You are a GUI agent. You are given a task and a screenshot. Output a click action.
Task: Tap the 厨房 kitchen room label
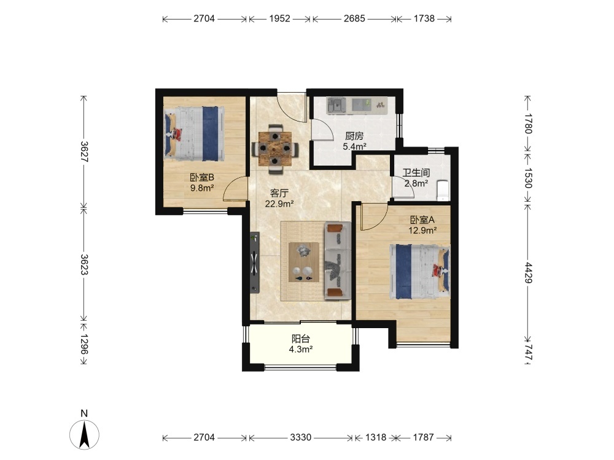click(354, 136)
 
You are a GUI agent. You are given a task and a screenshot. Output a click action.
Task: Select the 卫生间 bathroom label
click(416, 172)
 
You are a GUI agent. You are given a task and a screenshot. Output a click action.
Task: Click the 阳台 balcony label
click(300, 339)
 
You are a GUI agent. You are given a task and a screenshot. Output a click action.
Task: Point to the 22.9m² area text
click(279, 204)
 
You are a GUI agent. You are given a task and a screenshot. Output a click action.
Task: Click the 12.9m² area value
click(422, 231)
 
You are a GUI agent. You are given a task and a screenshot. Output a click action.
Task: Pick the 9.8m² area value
click(201, 188)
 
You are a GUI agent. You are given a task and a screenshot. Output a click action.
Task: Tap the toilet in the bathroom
click(443, 190)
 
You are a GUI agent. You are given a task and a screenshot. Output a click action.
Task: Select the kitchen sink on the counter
click(336, 105)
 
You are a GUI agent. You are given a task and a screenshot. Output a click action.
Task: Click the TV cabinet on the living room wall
click(255, 263)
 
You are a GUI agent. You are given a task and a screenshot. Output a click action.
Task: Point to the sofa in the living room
click(337, 261)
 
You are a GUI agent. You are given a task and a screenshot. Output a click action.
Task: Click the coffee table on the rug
click(303, 262)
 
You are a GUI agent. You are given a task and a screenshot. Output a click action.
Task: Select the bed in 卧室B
click(194, 133)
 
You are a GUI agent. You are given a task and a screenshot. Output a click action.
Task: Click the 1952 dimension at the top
click(279, 18)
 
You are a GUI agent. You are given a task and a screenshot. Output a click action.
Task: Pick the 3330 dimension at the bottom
click(301, 437)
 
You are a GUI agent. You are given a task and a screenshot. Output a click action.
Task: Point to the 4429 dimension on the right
click(529, 273)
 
